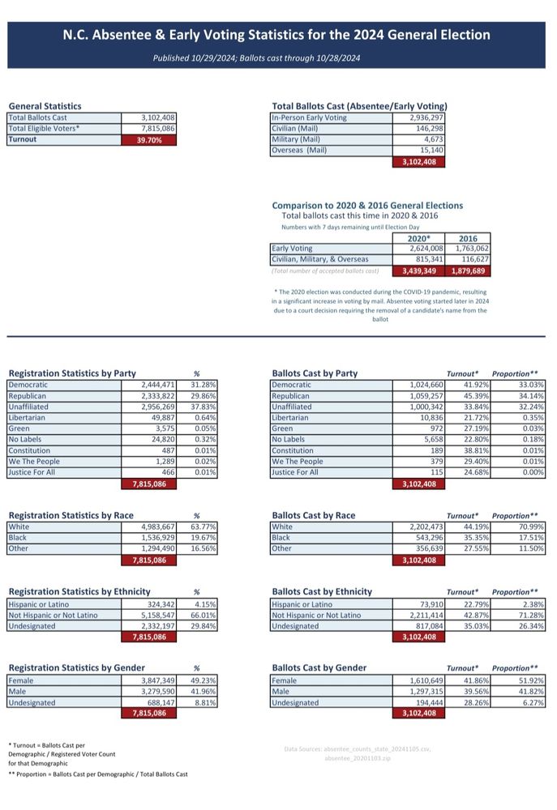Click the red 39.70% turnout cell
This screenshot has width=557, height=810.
pyautogui.click(x=149, y=140)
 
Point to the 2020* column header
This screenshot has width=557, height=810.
pyautogui.click(x=418, y=238)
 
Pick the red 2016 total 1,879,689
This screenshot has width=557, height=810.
pyautogui.click(x=468, y=271)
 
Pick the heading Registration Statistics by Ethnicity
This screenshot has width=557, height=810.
pyautogui.click(x=79, y=591)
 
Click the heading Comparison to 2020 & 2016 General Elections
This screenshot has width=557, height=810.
pyautogui.click(x=367, y=206)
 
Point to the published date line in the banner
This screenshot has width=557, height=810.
pyautogui.click(x=256, y=58)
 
